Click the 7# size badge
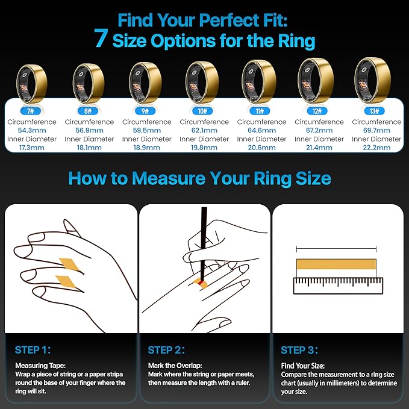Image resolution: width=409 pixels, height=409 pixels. click(31, 111)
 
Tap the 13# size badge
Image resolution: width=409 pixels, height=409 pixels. click(374, 111)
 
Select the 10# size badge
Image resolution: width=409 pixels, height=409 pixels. click(202, 111)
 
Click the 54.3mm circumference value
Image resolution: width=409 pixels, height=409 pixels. click(32, 131)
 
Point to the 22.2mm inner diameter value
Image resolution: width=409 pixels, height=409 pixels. click(376, 148)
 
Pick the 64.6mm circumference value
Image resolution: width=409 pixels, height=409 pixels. click(261, 131)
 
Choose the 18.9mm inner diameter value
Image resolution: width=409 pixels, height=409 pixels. click(146, 148)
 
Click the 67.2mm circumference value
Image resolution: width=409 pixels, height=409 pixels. click(319, 131)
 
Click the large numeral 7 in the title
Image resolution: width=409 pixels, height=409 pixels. click(101, 38)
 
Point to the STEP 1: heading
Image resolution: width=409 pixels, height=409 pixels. click(33, 350)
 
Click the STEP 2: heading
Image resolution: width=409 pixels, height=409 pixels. click(166, 350)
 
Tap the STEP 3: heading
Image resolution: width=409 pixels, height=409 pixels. click(299, 350)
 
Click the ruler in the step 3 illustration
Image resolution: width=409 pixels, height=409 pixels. click(338, 286)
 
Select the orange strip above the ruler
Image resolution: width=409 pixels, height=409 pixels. click(336, 264)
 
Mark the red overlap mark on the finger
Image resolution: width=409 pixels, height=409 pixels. click(201, 283)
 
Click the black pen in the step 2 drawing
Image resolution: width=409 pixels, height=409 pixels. click(203, 244)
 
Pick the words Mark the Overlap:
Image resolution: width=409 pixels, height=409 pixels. click(175, 366)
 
